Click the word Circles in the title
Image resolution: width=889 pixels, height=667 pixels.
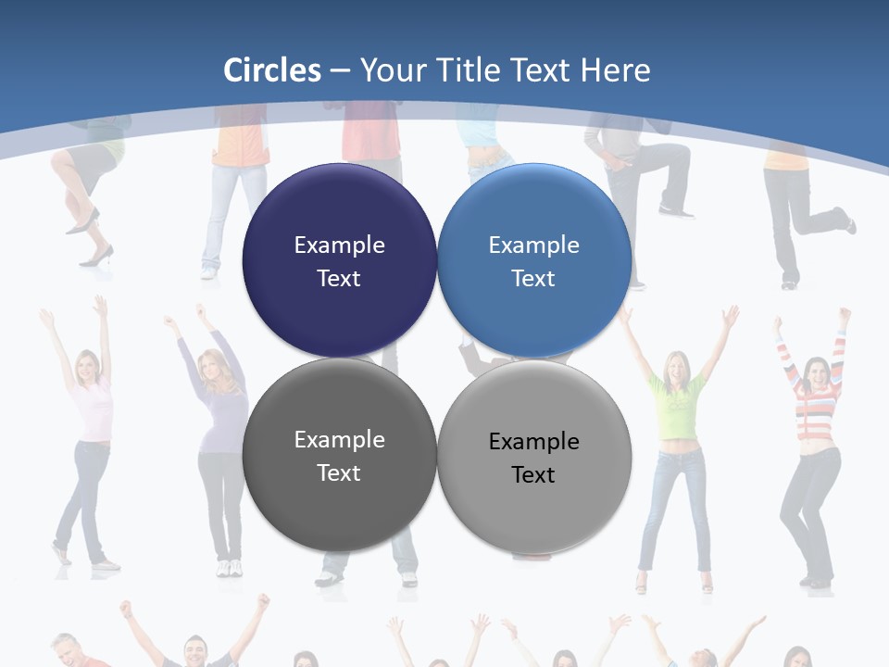(272, 70)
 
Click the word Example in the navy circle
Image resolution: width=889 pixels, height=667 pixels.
(339, 245)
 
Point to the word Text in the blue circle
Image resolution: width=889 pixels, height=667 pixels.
(533, 278)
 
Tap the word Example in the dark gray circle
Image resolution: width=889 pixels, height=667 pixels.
(339, 439)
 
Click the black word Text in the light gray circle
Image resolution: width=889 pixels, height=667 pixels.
(533, 474)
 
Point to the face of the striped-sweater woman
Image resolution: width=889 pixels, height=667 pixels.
(818, 372)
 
